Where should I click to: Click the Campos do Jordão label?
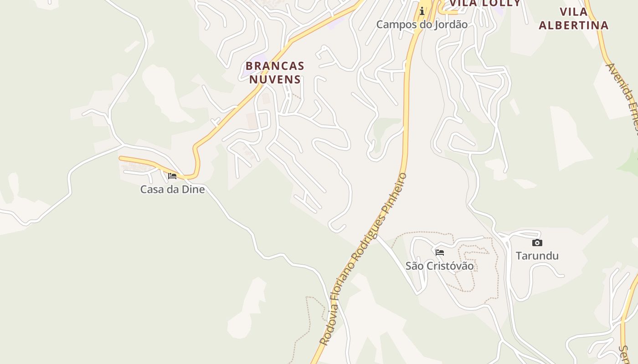point(422,25)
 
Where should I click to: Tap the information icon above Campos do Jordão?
point(422,10)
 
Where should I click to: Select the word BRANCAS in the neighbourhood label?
point(275,66)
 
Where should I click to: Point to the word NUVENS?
point(275,80)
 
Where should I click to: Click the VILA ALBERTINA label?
point(573,19)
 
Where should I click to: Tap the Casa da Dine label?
point(172,189)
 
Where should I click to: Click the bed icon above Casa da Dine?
point(172,176)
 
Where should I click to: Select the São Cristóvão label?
point(439,266)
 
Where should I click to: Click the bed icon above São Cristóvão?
point(440,252)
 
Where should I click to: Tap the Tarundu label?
point(537,256)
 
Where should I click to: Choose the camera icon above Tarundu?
point(537,243)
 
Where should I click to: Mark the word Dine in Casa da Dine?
point(193,189)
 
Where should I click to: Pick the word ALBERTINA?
point(573,25)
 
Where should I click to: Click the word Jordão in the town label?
point(451,25)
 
